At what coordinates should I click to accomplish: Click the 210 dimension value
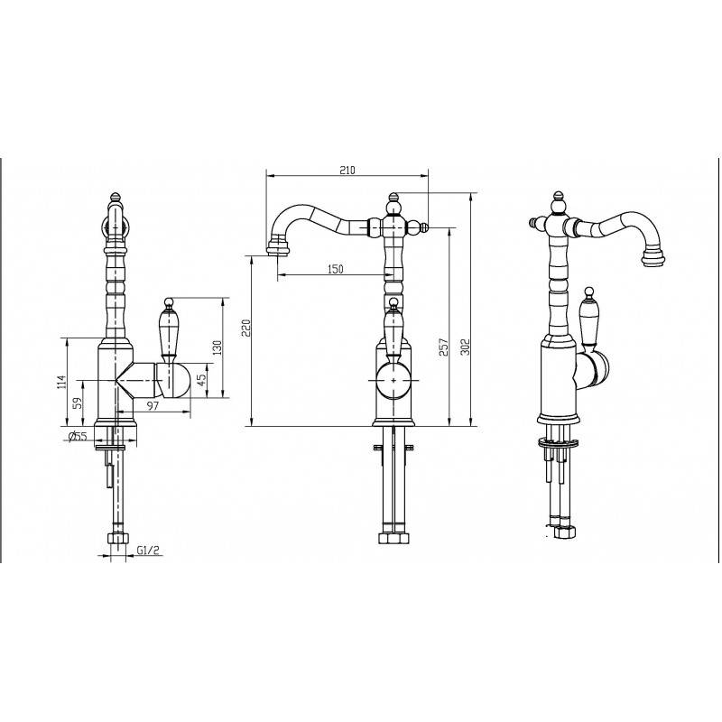tap(347, 170)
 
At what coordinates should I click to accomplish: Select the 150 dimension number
tap(335, 269)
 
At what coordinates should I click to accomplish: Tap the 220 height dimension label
tap(246, 328)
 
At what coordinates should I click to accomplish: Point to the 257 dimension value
tap(443, 347)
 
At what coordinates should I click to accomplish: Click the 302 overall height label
tap(465, 347)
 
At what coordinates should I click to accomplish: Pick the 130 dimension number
tap(217, 347)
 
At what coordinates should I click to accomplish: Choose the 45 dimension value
tap(201, 380)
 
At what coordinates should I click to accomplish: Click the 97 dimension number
tap(153, 405)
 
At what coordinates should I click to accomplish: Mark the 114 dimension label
tap(61, 383)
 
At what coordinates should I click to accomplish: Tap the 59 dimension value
tap(78, 403)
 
